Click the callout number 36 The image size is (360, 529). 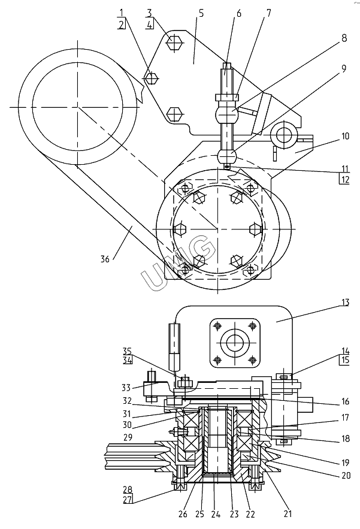[105, 259]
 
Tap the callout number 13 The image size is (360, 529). [345, 302]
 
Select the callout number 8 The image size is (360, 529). [344, 38]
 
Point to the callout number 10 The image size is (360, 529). [345, 137]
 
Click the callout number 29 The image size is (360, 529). [128, 437]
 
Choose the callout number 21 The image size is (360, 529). [287, 514]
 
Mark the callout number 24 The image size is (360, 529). [216, 514]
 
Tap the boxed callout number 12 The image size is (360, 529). [344, 179]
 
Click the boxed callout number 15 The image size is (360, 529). [345, 360]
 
